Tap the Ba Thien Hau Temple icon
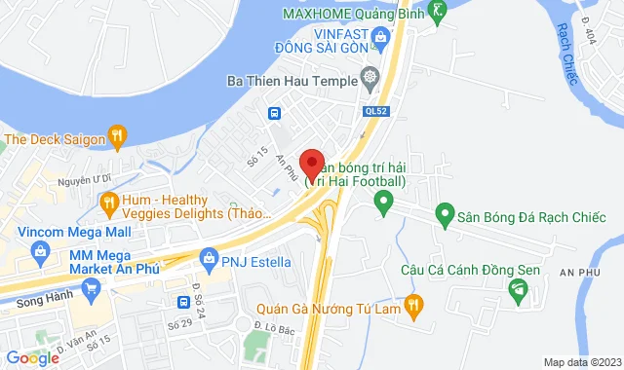click(x=370, y=77)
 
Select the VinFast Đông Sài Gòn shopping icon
click(x=380, y=39)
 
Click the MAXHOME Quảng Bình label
click(x=355, y=13)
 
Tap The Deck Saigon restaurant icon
click(x=116, y=137)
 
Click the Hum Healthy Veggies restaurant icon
click(x=108, y=204)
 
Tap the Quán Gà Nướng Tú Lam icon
click(x=412, y=305)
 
